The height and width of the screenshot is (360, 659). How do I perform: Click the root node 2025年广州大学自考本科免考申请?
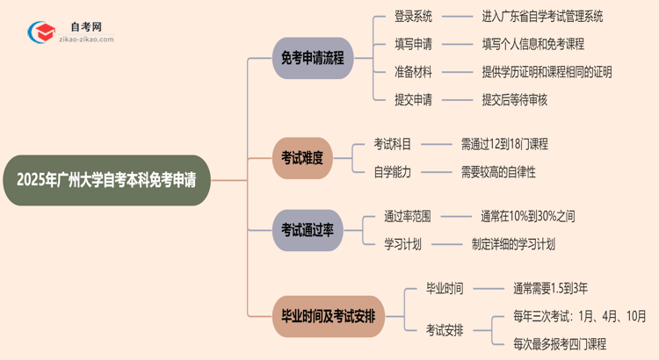tap(106, 180)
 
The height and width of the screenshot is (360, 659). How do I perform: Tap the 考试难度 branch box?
tap(302, 158)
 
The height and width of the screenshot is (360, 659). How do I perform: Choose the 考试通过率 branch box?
tap(307, 229)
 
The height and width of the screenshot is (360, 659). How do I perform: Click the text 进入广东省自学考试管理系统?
tap(542, 17)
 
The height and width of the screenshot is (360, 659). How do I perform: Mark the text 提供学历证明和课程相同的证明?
tap(547, 72)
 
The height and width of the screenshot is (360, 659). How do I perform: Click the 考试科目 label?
tap(392, 144)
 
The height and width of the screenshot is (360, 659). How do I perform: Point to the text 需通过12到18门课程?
tap(504, 144)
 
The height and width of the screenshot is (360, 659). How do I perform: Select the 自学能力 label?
tap(392, 172)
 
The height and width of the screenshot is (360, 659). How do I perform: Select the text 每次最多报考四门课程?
tap(560, 344)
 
